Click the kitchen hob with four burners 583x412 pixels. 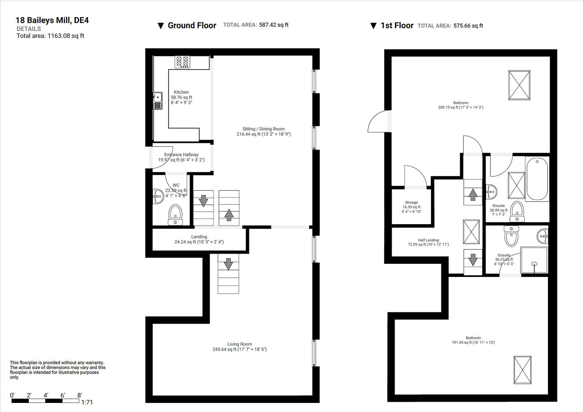pyautogui.click(x=182, y=62)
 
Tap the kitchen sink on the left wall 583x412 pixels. pyautogui.click(x=157, y=100)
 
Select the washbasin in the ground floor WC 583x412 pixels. pyautogui.click(x=158, y=197)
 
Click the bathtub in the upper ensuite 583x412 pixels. pyautogui.click(x=537, y=179)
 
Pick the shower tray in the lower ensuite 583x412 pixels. pyautogui.click(x=534, y=260)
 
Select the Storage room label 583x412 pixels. pyautogui.click(x=411, y=202)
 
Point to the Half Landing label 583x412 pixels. pyautogui.click(x=428, y=240)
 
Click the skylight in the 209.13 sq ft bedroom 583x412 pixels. pyautogui.click(x=519, y=85)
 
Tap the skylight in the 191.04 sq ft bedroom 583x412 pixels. pyautogui.click(x=522, y=370)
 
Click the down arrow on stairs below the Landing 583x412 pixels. pyautogui.click(x=228, y=264)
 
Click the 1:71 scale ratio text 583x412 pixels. pyautogui.click(x=87, y=402)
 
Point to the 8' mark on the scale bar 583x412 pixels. pyautogui.click(x=79, y=396)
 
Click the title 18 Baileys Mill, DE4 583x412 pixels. pyautogui.click(x=52, y=20)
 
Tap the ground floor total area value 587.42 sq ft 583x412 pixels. pyautogui.click(x=274, y=25)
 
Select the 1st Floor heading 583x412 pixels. pyautogui.click(x=396, y=25)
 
